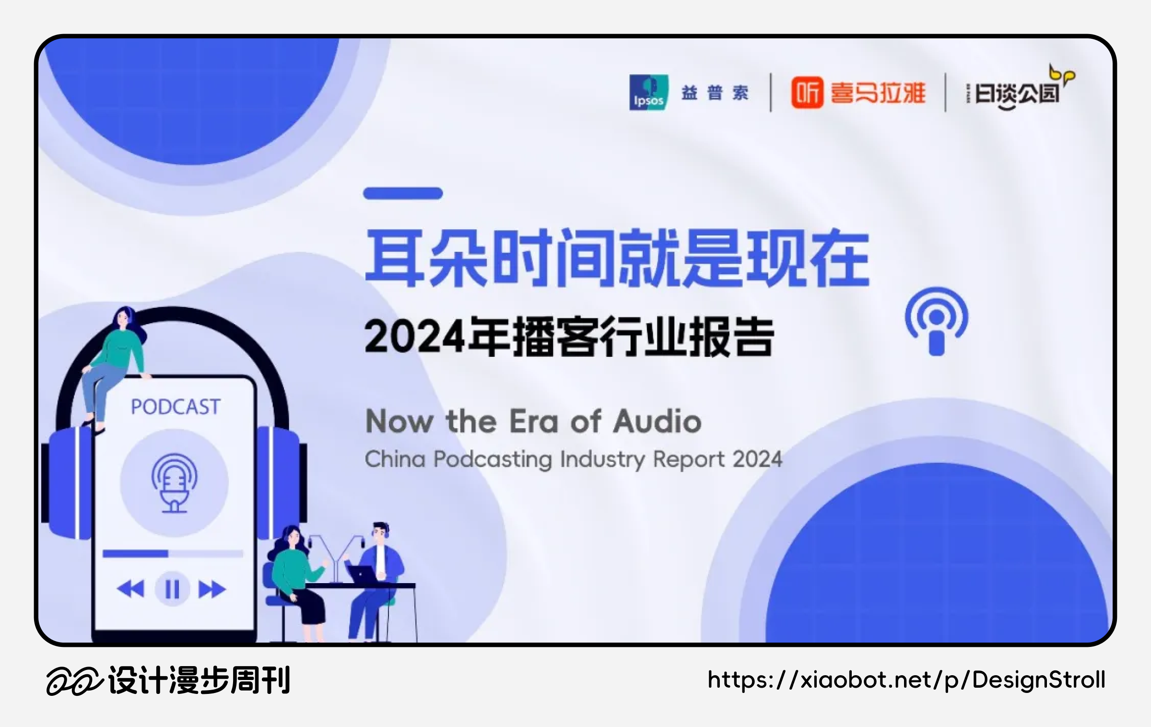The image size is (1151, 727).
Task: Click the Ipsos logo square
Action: (x=649, y=93)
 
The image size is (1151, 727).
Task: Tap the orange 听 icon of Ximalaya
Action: (x=807, y=93)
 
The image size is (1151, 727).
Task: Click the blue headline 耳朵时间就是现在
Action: (x=617, y=258)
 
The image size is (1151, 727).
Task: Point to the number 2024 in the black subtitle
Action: (x=414, y=337)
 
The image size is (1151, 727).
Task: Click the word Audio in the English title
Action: (x=658, y=422)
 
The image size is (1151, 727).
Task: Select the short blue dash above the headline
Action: (x=403, y=193)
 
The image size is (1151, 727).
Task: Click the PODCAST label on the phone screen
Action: (x=176, y=407)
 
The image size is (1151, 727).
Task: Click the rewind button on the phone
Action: (x=130, y=589)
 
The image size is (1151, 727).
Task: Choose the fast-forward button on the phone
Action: (x=212, y=589)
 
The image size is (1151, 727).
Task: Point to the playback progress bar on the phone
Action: (x=173, y=554)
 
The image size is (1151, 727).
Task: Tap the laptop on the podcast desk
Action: (x=363, y=575)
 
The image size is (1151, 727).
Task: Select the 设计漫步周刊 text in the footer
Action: (x=199, y=680)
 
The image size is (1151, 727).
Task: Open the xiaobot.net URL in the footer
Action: (x=906, y=680)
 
